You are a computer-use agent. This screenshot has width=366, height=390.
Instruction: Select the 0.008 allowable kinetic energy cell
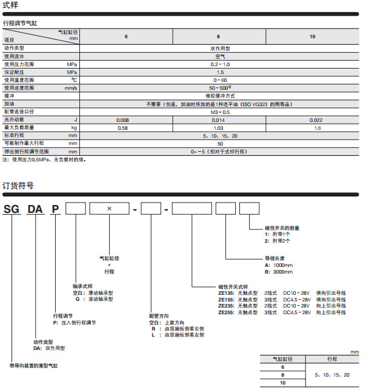tap(126, 120)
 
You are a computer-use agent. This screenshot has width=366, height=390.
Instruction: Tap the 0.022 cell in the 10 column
tap(312, 120)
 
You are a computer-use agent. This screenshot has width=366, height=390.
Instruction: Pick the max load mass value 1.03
tap(219, 128)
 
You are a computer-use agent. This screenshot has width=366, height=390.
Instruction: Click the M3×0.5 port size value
tap(219, 112)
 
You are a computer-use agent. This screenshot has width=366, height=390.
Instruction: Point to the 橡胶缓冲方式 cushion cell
tap(219, 96)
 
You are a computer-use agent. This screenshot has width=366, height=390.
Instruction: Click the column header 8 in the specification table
tap(219, 38)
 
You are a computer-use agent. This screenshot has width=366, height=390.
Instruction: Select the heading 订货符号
tap(18, 186)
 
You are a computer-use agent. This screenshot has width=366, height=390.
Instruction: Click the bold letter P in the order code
tap(55, 210)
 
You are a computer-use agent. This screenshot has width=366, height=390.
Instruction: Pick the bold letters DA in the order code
tap(36, 210)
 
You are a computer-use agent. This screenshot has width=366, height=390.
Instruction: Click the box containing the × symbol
tap(109, 209)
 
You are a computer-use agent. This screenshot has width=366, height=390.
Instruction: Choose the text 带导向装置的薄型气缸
tap(34, 366)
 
